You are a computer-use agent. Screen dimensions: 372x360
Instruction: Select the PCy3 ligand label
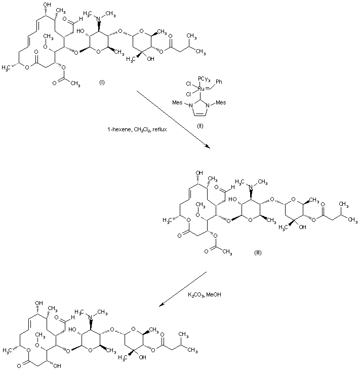[205, 78]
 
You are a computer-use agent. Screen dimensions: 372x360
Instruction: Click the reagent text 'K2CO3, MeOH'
[205, 294]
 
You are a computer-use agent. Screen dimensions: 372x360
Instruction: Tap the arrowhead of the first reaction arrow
[209, 146]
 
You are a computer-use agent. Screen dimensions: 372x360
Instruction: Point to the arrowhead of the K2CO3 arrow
[160, 305]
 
